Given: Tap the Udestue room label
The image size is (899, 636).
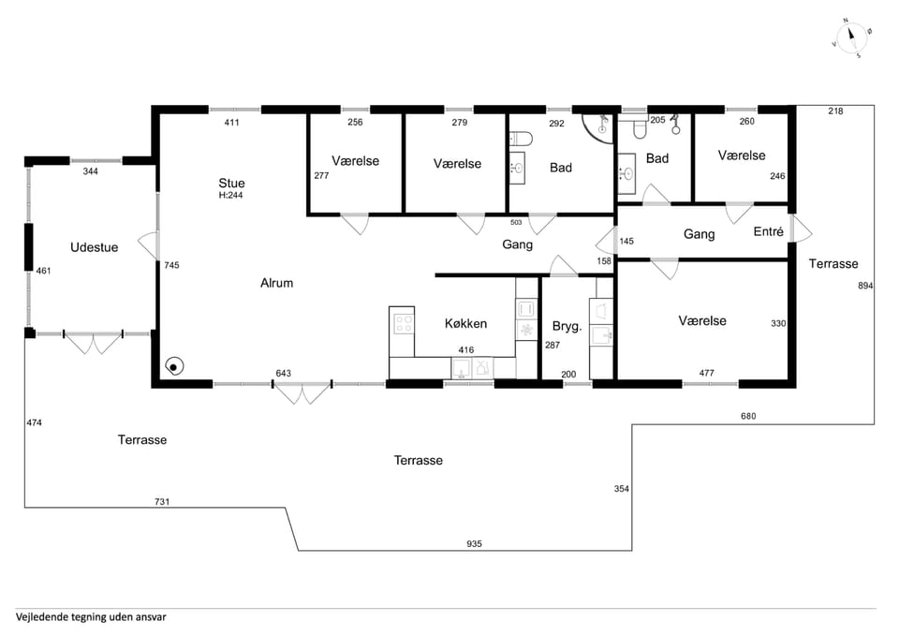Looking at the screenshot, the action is coord(94,247).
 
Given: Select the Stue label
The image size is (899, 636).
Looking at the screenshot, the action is coord(231,183).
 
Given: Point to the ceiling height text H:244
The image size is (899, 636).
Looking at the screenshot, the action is coord(230,195).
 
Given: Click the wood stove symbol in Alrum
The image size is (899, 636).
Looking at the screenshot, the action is coord(174,366).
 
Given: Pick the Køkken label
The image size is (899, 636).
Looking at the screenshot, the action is coord(465,323).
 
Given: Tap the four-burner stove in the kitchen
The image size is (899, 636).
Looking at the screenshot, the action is coord(403,325).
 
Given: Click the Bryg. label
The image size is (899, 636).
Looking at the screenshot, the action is coord(567,326).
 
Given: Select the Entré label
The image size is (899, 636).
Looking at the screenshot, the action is coord(768,231).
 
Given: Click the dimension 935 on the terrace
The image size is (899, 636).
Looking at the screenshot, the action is coord(474,543).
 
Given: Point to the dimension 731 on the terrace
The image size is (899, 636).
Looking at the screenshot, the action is coord(162,501).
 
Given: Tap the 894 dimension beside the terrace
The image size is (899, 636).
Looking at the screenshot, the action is coord(865,285).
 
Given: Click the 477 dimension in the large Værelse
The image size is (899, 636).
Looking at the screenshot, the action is coord(706,373).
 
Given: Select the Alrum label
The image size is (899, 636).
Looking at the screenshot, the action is coord(276,283).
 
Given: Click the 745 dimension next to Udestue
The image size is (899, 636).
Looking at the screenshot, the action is coord(171,265).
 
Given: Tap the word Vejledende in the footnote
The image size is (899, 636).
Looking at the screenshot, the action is coord(41,617).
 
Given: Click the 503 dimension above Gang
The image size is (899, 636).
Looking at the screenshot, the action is coord(516,222).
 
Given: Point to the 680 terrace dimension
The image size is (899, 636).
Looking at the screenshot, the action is coord(748,416).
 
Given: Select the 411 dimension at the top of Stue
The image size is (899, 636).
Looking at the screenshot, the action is coord(231,122).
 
